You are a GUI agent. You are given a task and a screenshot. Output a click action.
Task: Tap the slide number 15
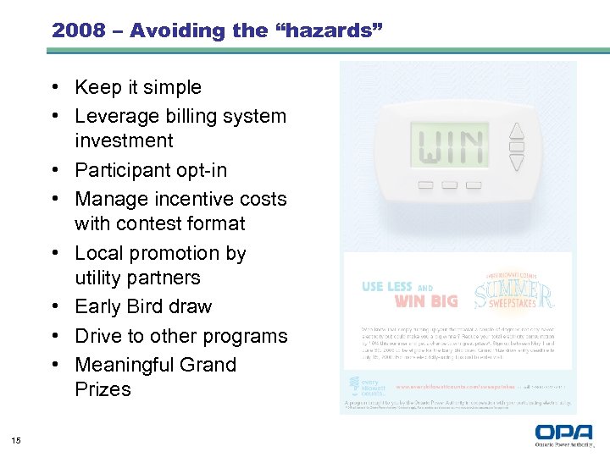click(x=15, y=438)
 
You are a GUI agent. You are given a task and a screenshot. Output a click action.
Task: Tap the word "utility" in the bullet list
click(x=100, y=278)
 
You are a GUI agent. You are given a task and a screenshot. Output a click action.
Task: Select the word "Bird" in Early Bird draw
click(x=152, y=306)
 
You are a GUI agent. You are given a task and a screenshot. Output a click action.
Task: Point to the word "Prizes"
click(x=103, y=389)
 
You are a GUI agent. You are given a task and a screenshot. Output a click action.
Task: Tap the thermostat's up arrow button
click(x=516, y=130)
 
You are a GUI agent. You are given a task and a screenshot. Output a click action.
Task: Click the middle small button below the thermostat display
click(x=450, y=184)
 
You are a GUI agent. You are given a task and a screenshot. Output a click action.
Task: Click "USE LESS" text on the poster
click(x=387, y=287)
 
